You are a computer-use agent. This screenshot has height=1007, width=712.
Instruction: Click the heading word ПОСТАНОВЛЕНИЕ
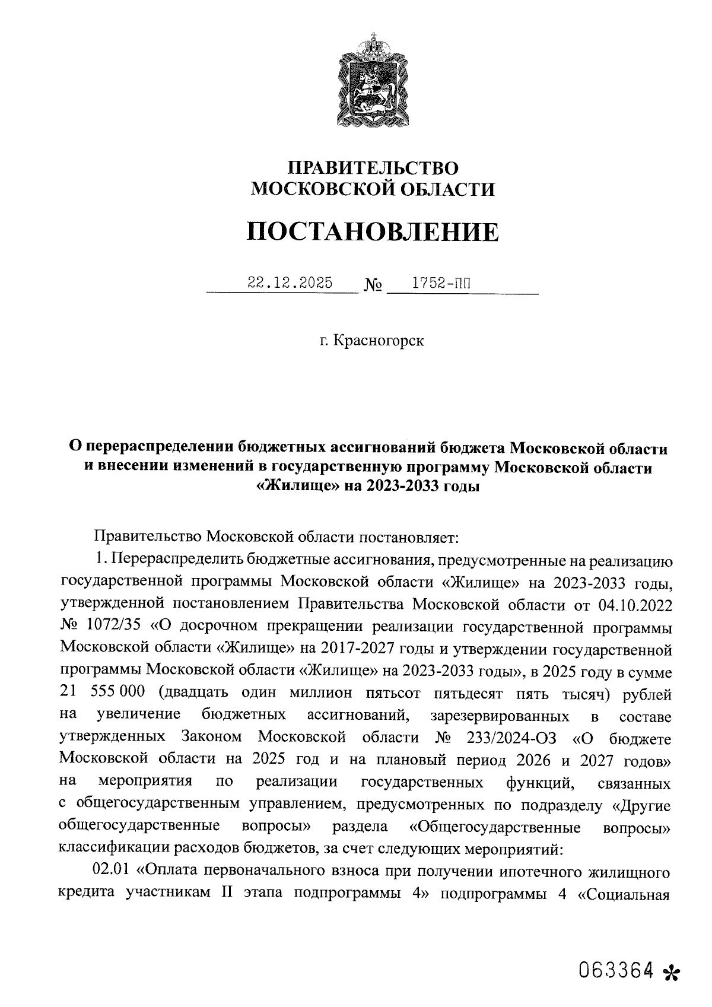click(x=373, y=231)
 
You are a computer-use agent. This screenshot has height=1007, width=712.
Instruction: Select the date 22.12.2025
click(x=290, y=283)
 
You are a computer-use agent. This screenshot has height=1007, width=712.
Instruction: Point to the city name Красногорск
click(x=379, y=341)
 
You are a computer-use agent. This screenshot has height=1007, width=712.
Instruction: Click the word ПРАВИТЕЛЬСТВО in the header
click(x=373, y=167)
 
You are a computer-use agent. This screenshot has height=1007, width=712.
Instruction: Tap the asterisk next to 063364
click(x=672, y=973)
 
